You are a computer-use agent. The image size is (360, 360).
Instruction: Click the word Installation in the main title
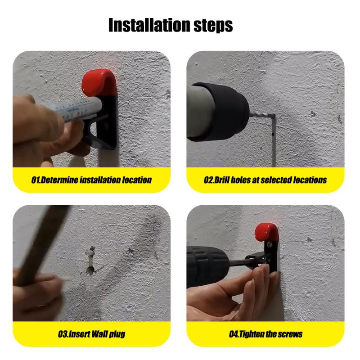(150, 25)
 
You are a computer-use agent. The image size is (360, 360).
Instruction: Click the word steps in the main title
(213, 26)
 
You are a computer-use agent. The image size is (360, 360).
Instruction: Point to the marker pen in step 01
(73, 108)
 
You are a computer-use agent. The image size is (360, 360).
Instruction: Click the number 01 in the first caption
(36, 180)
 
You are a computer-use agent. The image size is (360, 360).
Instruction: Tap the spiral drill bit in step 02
(262, 115)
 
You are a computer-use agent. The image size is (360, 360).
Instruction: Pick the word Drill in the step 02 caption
(221, 180)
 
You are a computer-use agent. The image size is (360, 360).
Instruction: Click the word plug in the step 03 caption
(117, 334)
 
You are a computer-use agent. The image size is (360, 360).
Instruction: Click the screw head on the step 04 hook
(270, 245)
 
